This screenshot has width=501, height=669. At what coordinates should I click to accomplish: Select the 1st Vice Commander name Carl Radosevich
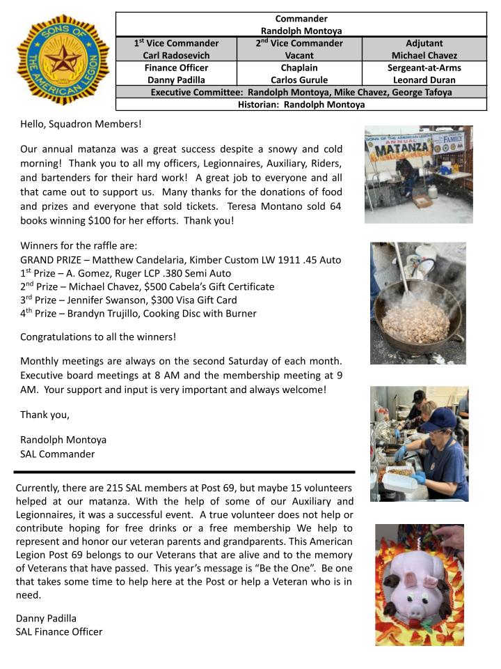pos(176,55)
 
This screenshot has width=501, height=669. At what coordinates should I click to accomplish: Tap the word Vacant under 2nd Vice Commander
pos(299,55)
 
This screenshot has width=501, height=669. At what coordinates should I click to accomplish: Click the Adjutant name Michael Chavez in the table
pos(424,55)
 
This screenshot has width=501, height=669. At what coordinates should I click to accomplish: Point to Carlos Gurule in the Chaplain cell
pos(299,80)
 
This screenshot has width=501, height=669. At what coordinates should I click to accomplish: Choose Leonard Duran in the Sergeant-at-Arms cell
pos(424,80)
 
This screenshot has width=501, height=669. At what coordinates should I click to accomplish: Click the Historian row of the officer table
pos(301,105)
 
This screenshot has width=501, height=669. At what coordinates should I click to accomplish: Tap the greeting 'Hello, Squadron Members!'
pos(81,124)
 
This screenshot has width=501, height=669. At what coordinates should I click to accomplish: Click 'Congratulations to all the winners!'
pos(98,337)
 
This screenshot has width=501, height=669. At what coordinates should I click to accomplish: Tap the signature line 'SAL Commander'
pos(57,454)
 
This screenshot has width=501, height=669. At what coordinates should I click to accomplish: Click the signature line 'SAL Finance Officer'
pos(58,631)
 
